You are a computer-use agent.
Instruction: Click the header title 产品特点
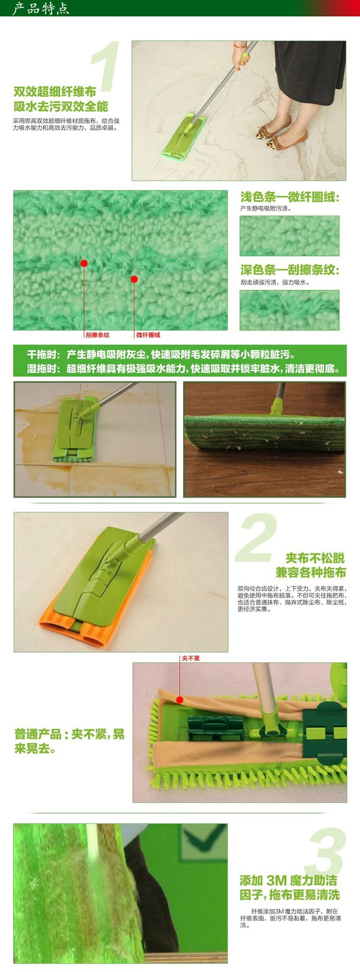40,8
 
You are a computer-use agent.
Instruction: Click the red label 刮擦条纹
97,335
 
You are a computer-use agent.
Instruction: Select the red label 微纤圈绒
148,335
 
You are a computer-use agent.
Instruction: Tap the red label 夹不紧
191,658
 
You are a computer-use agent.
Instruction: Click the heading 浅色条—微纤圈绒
290,197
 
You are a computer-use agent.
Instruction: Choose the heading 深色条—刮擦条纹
290,270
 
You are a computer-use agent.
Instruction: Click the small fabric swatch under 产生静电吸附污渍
289,236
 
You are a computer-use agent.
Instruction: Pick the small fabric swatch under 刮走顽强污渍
289,310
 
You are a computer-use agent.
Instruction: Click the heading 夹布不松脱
315,558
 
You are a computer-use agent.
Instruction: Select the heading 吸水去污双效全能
61,107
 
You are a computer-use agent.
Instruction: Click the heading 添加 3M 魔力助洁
288,880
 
